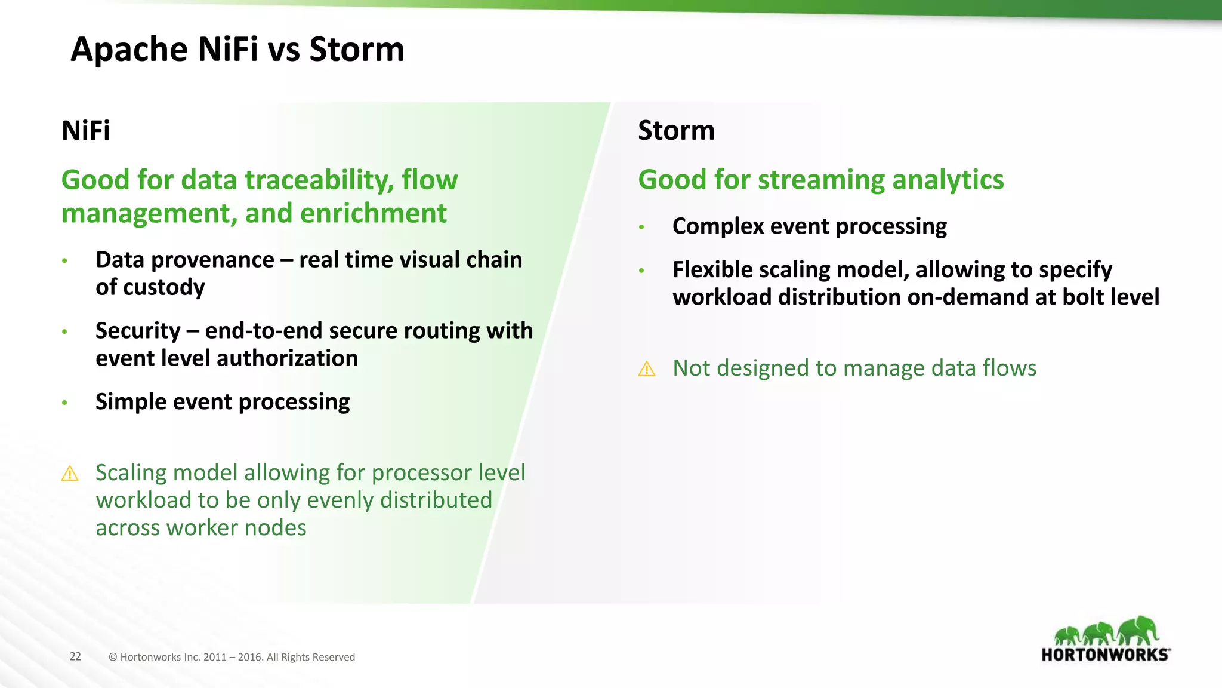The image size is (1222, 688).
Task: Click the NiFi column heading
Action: [x=85, y=131]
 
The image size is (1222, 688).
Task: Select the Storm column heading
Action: [x=675, y=131]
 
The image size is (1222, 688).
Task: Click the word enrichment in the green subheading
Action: [x=374, y=213]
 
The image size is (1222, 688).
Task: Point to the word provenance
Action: [x=212, y=260]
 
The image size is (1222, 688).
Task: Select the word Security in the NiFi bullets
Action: [x=138, y=331]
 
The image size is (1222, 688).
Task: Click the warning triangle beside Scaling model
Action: [x=70, y=474]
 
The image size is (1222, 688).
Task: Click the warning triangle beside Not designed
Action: [x=647, y=369]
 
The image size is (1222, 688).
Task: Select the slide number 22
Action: [x=75, y=656]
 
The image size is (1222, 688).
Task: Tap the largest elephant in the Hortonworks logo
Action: [x=1138, y=631]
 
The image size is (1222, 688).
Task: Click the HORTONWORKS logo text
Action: [x=1105, y=655]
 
